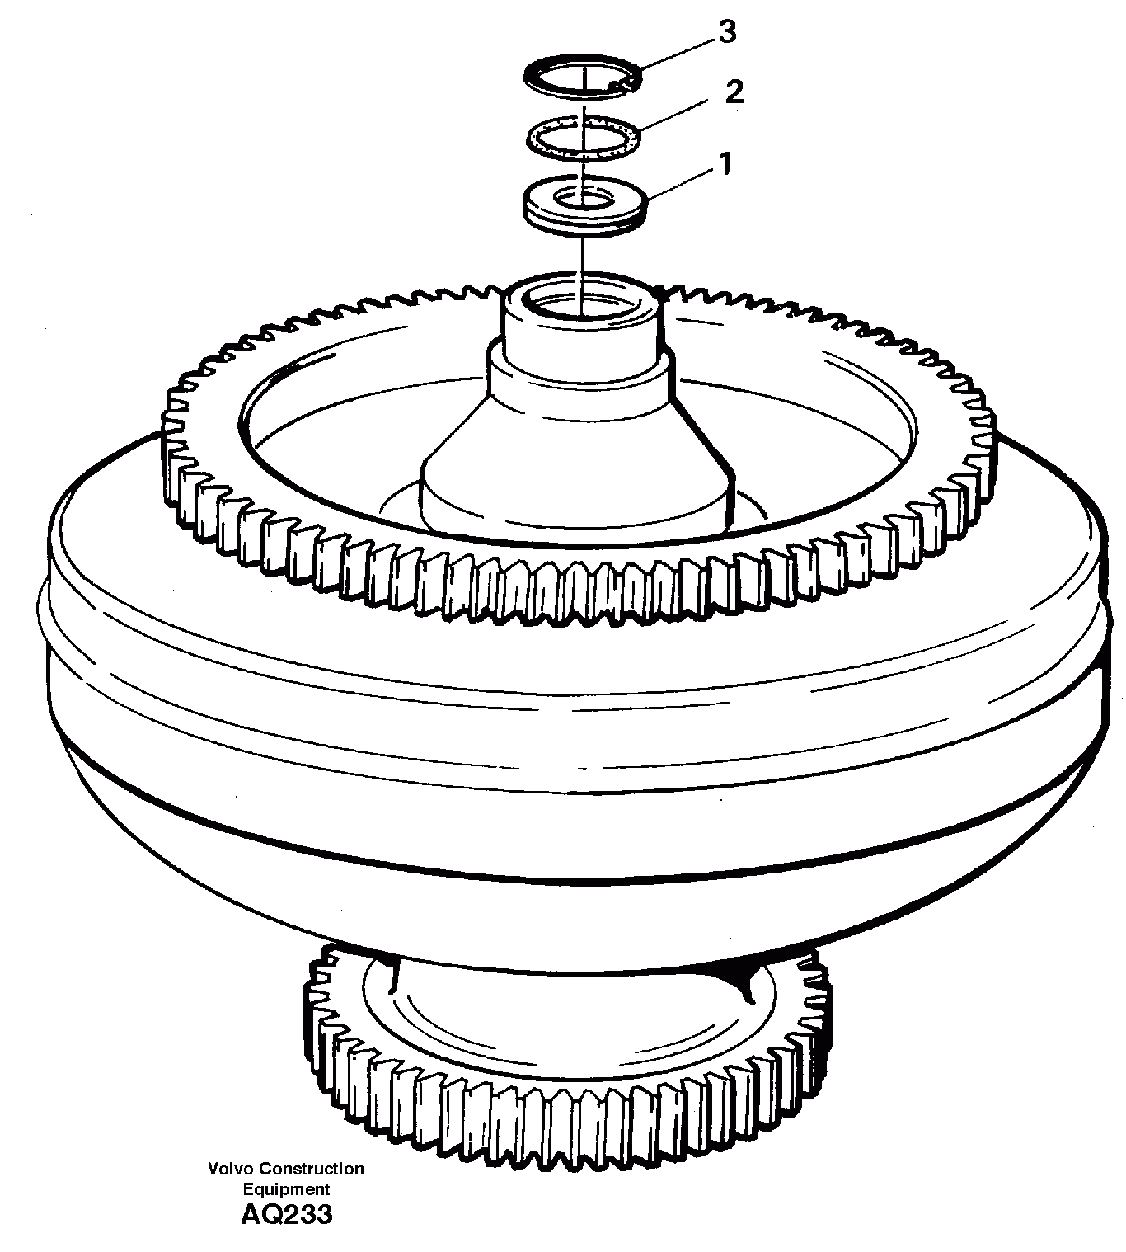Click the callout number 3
tap(726, 33)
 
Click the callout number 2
tap(734, 91)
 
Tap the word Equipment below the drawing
tap(285, 1189)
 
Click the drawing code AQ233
tap(286, 1215)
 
